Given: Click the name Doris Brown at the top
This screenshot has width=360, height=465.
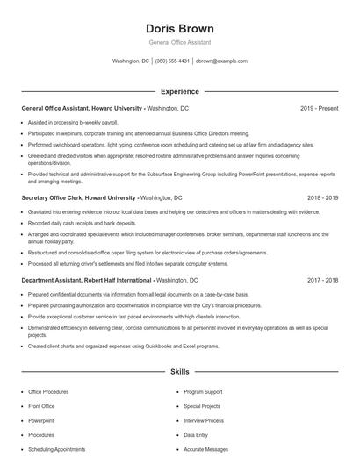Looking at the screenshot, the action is (179, 28).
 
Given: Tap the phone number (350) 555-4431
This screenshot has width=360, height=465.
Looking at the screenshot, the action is (171, 61).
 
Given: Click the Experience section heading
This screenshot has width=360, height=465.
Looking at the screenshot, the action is (179, 91).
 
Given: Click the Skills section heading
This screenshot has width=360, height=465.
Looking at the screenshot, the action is (179, 373).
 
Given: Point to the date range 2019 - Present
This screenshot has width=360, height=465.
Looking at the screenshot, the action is (319, 108).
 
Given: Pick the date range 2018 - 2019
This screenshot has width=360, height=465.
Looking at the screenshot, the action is (320, 198).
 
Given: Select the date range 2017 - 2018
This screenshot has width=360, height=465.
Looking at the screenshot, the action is (320, 279).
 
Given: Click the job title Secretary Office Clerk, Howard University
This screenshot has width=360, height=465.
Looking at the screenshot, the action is (79, 198).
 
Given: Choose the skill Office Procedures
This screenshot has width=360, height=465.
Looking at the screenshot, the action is (49, 391).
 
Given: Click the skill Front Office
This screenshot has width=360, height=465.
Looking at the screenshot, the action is (41, 406).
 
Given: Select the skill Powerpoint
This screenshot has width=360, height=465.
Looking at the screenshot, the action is (41, 420).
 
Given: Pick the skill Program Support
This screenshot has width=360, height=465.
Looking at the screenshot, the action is (203, 391).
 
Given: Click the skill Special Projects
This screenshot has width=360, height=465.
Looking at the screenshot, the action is (202, 406).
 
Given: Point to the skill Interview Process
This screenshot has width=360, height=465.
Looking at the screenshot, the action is (205, 420).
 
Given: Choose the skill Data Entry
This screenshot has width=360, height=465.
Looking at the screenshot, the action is (196, 435).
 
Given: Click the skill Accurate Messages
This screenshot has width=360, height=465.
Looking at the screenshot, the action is (205, 449).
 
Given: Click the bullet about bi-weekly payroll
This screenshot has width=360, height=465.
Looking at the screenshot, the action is (73, 123).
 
